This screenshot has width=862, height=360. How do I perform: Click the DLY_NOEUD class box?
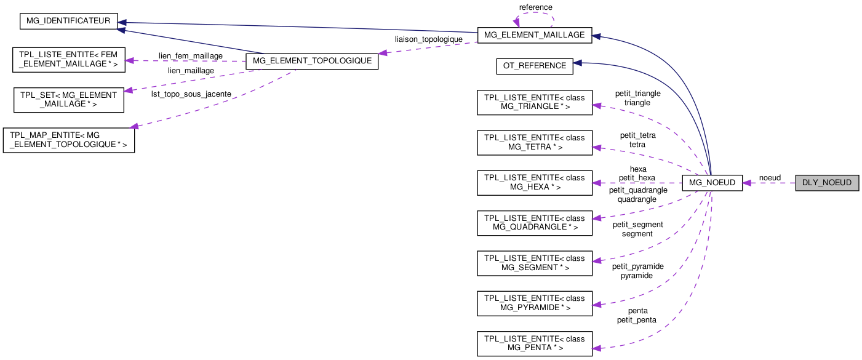coord(826,183)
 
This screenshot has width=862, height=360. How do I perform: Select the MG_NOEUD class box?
coord(712,183)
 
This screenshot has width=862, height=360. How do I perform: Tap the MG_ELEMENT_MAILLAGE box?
coord(535,35)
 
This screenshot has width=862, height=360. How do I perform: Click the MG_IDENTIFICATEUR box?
coord(68,21)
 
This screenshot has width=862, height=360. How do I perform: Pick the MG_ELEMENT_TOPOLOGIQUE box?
coord(311,61)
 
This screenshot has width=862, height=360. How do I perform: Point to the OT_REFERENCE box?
coord(535,66)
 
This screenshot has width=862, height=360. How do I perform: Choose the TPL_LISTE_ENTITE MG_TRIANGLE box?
coord(535,103)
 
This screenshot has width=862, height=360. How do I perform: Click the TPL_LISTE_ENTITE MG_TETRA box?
coord(535,143)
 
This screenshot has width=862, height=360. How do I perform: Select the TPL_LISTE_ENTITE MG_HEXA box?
coord(535,183)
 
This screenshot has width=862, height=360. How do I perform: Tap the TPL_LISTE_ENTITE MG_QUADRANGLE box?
coord(535,223)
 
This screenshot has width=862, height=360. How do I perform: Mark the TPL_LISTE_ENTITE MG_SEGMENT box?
coord(535,263)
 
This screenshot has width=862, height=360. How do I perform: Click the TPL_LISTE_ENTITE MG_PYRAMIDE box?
coord(535,303)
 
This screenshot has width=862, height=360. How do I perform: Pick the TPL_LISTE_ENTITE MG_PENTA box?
coord(535,343)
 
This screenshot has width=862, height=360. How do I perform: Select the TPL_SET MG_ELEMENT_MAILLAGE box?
coord(69,100)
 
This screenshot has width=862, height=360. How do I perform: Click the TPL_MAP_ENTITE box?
coord(69,140)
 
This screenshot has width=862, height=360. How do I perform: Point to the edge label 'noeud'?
coord(770,178)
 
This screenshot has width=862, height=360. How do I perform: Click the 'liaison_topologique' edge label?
coord(429,39)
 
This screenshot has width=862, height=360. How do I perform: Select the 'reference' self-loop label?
coord(535,7)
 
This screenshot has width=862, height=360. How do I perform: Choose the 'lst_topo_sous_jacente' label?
coord(191,94)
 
